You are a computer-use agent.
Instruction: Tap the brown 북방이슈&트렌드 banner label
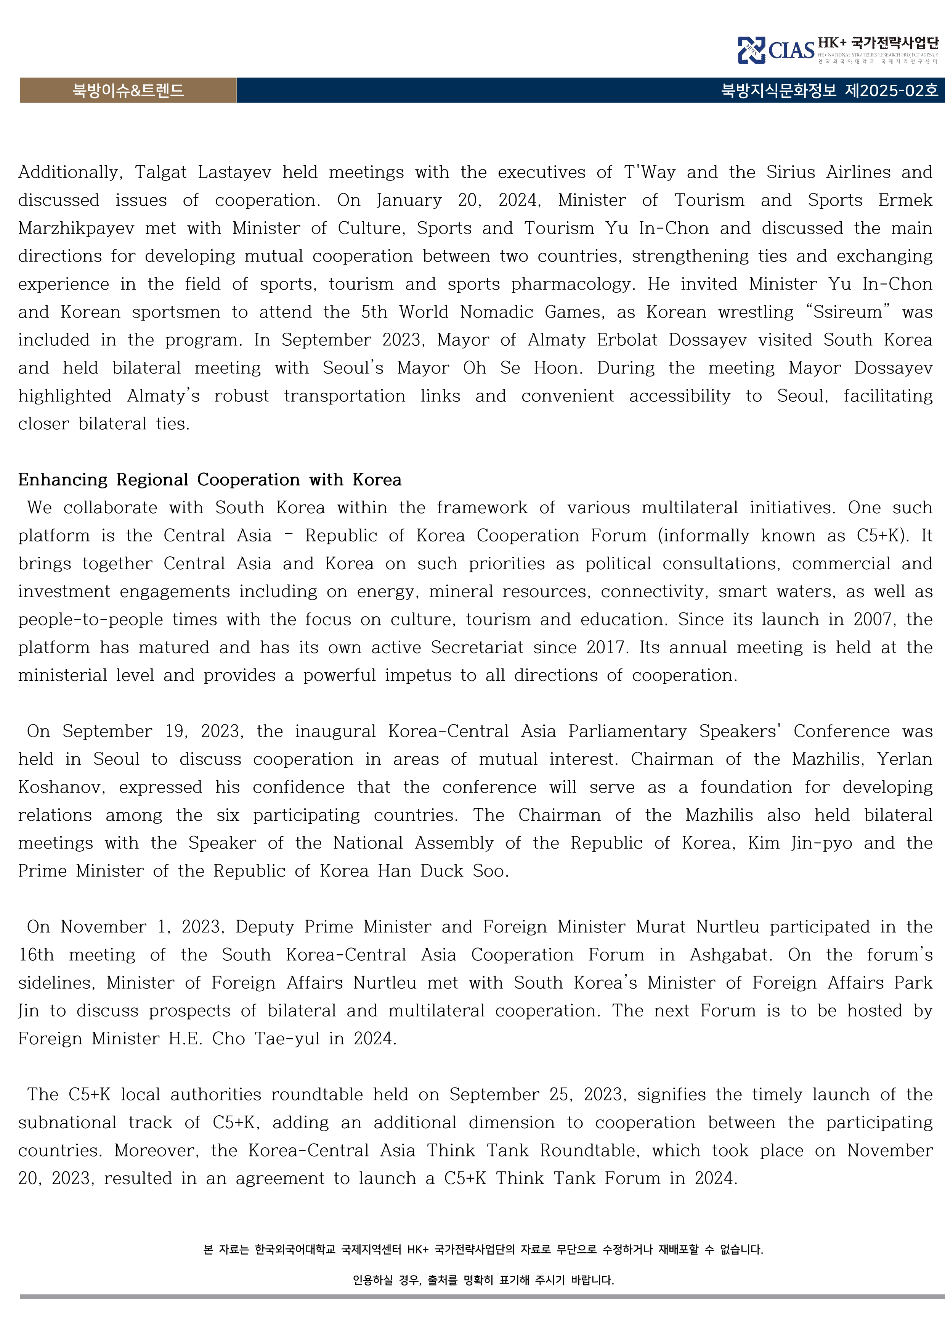point(128,90)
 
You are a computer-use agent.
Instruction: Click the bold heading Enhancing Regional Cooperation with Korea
point(210,480)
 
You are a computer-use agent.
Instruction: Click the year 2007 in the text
point(873,620)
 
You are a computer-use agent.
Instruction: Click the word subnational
point(67,1123)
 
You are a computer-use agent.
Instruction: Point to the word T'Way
point(650,172)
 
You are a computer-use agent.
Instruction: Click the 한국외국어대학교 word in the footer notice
point(295,1250)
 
